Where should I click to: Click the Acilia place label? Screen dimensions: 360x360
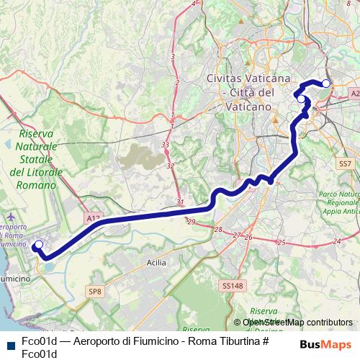pyautogui.click(x=156, y=263)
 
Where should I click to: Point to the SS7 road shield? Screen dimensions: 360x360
pyautogui.click(x=346, y=164)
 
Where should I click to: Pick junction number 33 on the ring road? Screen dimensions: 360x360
pyautogui.click(x=166, y=145)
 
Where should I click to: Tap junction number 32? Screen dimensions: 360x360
pyautogui.click(x=171, y=166)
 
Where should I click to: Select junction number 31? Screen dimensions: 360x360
pyautogui.click(x=180, y=202)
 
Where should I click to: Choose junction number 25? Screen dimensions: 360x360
pyautogui.click(x=282, y=243)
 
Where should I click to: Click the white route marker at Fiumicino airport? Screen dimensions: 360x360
pyautogui.click(x=38, y=245)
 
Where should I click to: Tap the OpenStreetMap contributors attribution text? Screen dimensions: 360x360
pyautogui.click(x=297, y=323)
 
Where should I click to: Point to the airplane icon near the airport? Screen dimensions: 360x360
pyautogui.click(x=9, y=216)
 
